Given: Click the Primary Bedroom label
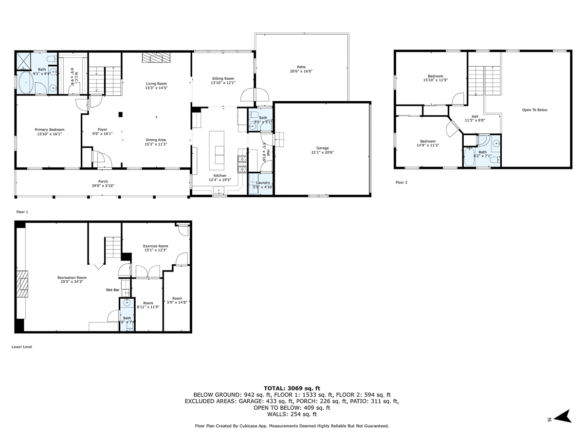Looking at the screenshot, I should click(x=49, y=129).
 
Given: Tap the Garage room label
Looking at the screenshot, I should click(x=322, y=148).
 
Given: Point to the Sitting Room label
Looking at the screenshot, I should click(x=223, y=78).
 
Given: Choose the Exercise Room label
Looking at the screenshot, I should click(x=155, y=246).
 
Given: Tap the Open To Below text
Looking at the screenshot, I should click(x=535, y=110).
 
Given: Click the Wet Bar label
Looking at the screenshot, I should click(x=112, y=290).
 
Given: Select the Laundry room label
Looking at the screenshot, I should click(x=263, y=183).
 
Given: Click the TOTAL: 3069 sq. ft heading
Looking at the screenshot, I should click(x=292, y=388).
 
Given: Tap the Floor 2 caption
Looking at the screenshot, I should click(x=401, y=182).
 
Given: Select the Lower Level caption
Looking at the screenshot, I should click(x=21, y=347).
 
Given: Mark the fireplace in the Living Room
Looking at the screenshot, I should click(x=157, y=58).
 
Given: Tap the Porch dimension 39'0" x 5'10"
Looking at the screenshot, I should click(x=103, y=185).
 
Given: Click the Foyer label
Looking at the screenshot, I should click(x=102, y=129).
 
